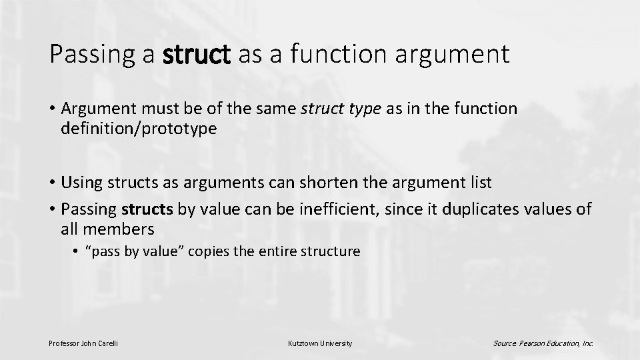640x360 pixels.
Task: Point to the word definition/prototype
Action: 139,129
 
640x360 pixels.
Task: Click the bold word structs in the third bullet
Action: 147,209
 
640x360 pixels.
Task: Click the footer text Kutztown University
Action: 320,343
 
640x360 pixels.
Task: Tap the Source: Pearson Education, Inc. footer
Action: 543,343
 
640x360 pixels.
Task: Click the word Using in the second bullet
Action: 82,182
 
